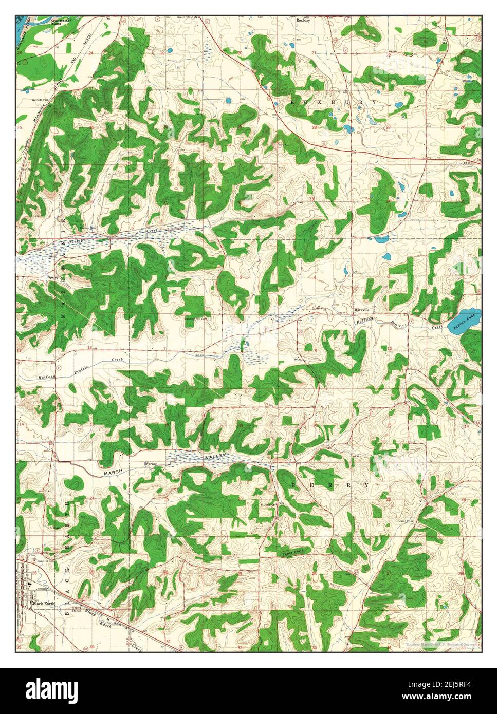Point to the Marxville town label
(363, 310)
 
